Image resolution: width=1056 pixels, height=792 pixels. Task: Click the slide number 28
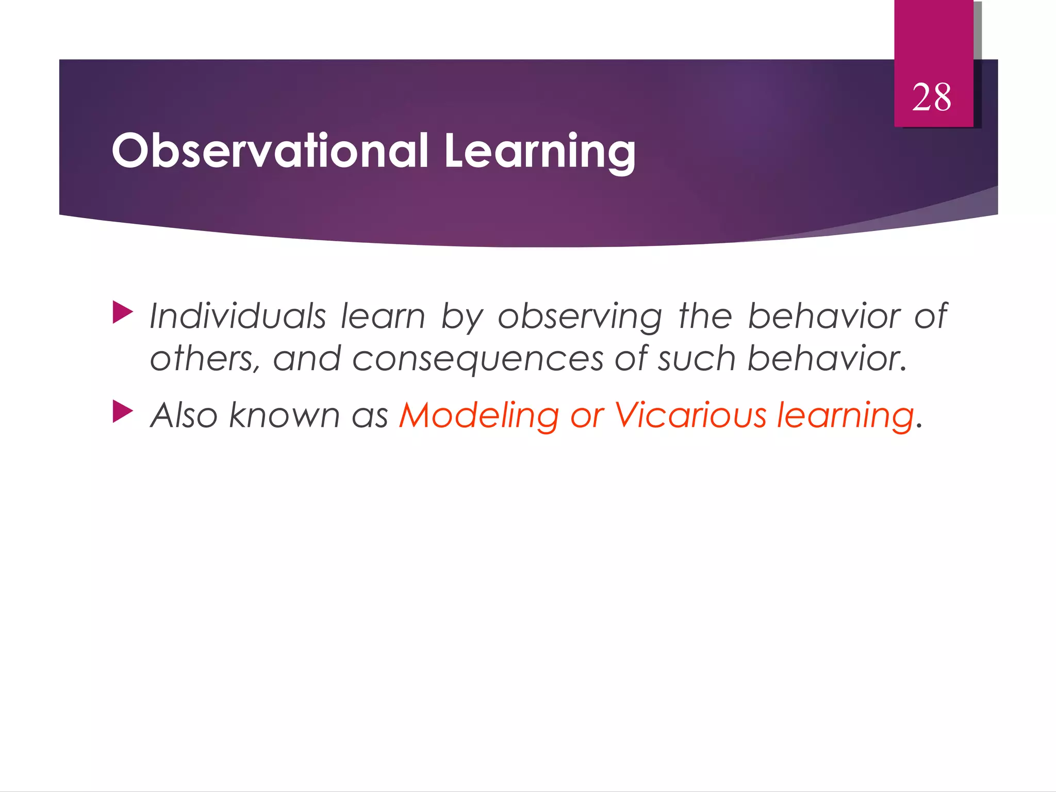pyautogui.click(x=931, y=97)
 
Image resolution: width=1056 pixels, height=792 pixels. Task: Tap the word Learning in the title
pyautogui.click(x=539, y=151)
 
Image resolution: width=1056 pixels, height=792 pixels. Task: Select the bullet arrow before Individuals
pyautogui.click(x=123, y=312)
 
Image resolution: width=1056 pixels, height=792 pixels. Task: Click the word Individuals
pyautogui.click(x=238, y=316)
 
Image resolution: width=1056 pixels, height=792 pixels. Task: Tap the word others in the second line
pyautogui.click(x=204, y=358)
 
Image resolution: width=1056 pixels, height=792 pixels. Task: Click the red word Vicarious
pyautogui.click(x=690, y=415)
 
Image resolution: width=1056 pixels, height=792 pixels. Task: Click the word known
pyautogui.click(x=284, y=415)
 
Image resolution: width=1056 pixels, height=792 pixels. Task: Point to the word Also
pyautogui.click(x=184, y=415)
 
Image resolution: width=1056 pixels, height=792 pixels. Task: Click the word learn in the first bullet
pyautogui.click(x=383, y=316)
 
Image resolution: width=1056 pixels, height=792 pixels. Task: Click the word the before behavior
pyautogui.click(x=705, y=316)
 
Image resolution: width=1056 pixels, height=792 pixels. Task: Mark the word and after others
pyautogui.click(x=307, y=358)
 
